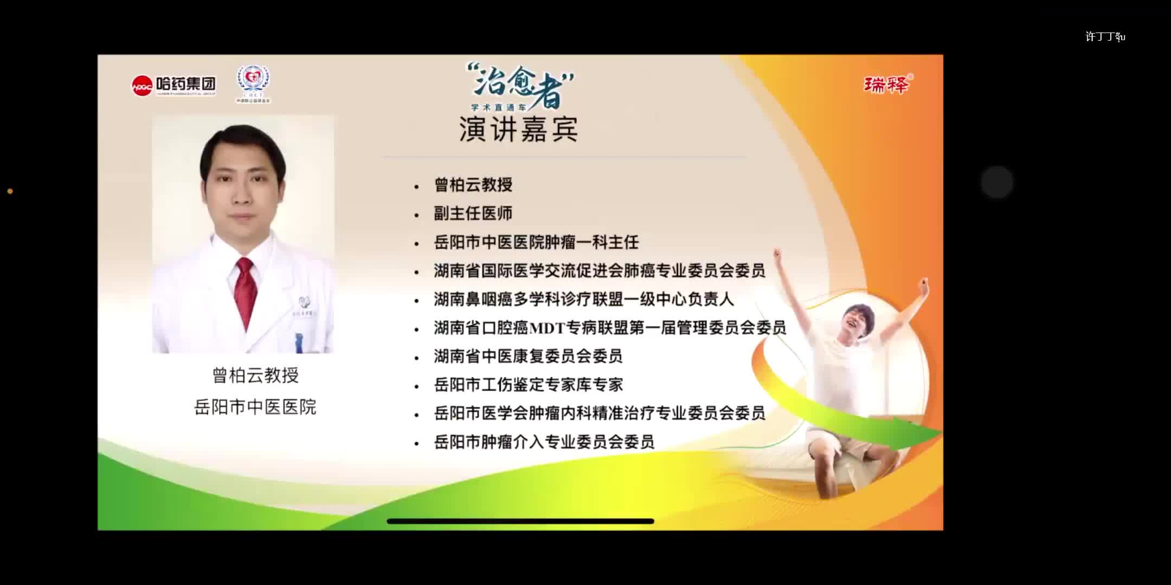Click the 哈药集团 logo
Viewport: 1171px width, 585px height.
pyautogui.click(x=173, y=85)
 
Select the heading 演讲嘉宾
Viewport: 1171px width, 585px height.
pyautogui.click(x=518, y=129)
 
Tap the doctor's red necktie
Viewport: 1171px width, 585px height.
pyautogui.click(x=246, y=290)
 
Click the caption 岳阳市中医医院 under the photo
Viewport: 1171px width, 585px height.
pyautogui.click(x=255, y=407)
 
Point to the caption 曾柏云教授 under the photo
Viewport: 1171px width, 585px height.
pyautogui.click(x=255, y=375)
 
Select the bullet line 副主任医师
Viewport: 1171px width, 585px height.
pyautogui.click(x=473, y=213)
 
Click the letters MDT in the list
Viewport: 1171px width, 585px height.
pyautogui.click(x=547, y=328)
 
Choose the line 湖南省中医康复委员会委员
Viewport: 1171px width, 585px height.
pyautogui.click(x=527, y=356)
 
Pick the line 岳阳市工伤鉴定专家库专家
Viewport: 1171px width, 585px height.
pyautogui.click(x=528, y=385)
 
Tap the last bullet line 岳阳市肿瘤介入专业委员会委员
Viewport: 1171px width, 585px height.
pyautogui.click(x=544, y=442)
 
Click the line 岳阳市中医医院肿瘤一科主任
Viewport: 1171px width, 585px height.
pyautogui.click(x=536, y=242)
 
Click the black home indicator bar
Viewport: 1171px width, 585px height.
pyautogui.click(x=520, y=521)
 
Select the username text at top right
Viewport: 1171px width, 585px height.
pyautogui.click(x=1105, y=36)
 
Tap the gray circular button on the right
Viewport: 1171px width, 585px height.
pyautogui.click(x=996, y=182)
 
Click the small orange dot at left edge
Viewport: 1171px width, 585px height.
pyautogui.click(x=10, y=191)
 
